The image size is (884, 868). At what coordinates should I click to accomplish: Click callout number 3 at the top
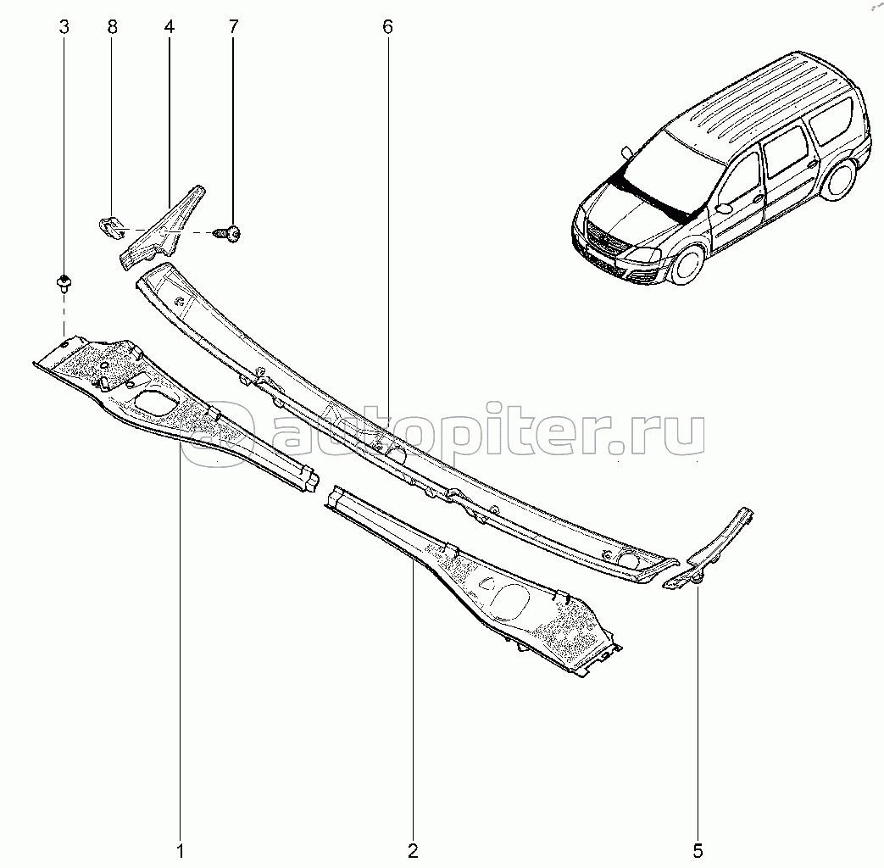click(x=64, y=26)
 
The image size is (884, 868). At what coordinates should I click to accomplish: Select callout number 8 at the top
click(x=113, y=26)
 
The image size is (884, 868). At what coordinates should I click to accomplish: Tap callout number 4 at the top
click(x=170, y=26)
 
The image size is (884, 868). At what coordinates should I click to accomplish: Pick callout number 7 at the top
click(x=232, y=26)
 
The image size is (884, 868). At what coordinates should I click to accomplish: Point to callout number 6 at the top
click(x=387, y=26)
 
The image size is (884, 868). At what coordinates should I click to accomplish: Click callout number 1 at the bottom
click(x=180, y=849)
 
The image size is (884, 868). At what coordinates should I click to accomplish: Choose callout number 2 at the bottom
click(x=413, y=849)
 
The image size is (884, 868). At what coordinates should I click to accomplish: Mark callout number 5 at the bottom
click(x=698, y=849)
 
